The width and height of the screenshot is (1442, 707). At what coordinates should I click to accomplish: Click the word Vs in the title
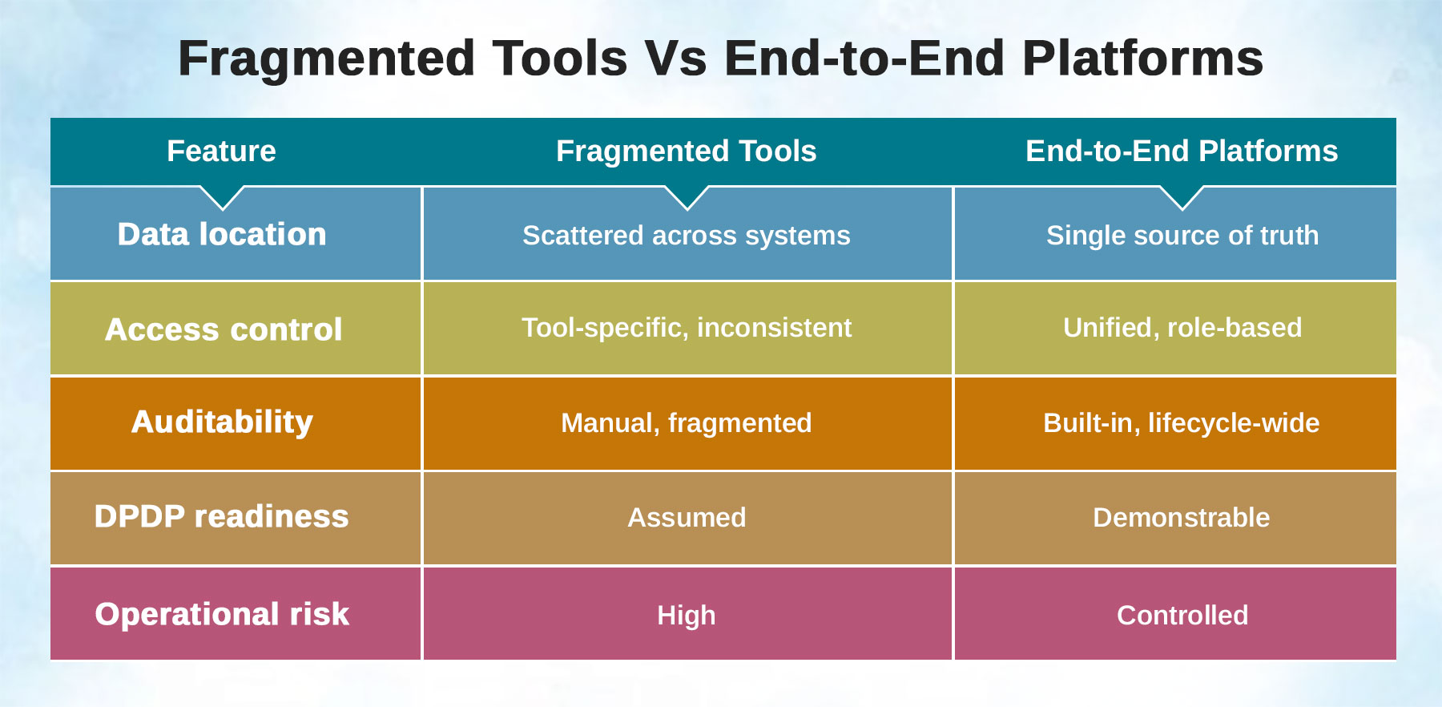pyautogui.click(x=676, y=59)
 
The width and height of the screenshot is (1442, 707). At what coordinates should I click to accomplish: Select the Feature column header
pyautogui.click(x=221, y=151)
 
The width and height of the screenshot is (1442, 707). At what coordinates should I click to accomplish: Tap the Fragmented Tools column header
pyautogui.click(x=687, y=151)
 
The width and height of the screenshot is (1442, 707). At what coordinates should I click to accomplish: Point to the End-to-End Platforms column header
pyautogui.click(x=1182, y=151)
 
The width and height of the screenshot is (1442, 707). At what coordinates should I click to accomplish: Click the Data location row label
pyautogui.click(x=222, y=234)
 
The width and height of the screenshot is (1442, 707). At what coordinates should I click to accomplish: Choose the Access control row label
pyautogui.click(x=224, y=329)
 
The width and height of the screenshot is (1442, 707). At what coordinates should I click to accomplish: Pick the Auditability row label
pyautogui.click(x=222, y=422)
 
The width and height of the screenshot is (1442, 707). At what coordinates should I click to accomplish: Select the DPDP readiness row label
pyautogui.click(x=221, y=516)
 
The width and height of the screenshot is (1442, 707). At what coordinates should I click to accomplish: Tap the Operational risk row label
pyautogui.click(x=222, y=614)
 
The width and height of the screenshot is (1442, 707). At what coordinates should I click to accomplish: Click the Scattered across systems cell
pyautogui.click(x=687, y=236)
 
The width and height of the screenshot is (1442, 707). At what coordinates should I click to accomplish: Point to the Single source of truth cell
pyautogui.click(x=1182, y=236)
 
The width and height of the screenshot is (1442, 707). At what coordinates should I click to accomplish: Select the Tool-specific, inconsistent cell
pyautogui.click(x=687, y=328)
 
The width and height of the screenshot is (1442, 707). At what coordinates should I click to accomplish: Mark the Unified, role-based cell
pyautogui.click(x=1182, y=328)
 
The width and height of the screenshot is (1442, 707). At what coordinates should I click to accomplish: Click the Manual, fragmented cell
pyautogui.click(x=687, y=423)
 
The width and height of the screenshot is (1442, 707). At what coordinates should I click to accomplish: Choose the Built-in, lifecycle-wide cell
pyautogui.click(x=1182, y=423)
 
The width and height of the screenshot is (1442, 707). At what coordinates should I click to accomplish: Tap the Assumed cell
pyautogui.click(x=687, y=518)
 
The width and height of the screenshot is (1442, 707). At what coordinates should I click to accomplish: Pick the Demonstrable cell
pyautogui.click(x=1182, y=518)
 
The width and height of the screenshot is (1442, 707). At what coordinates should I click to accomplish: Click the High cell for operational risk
pyautogui.click(x=687, y=616)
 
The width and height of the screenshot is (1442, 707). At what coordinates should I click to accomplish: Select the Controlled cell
pyautogui.click(x=1182, y=616)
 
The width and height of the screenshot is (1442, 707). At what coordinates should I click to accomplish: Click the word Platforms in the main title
pyautogui.click(x=1143, y=59)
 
